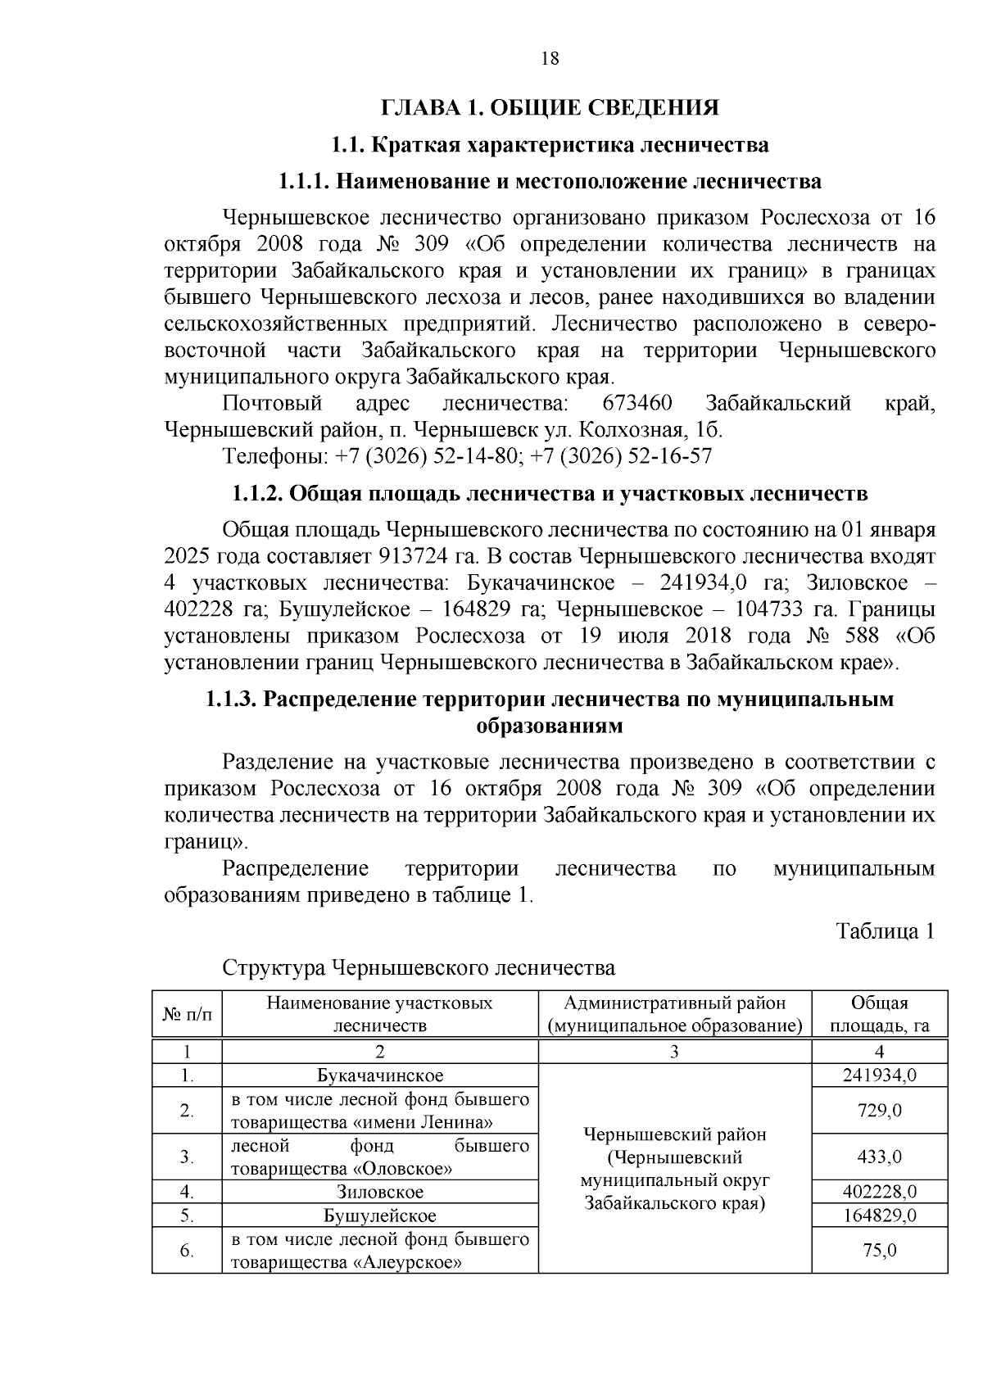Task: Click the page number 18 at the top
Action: pos(550,58)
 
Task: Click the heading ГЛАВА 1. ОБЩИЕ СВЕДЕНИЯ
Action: pos(550,108)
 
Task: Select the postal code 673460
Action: pos(636,404)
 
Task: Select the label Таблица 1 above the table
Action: pos(885,931)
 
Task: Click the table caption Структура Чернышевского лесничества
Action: pos(419,968)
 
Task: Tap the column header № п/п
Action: pos(187,1014)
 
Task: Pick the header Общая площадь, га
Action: pos(879,1014)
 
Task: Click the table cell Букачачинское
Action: pos(380,1075)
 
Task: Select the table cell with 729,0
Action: pos(879,1111)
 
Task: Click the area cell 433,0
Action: pos(879,1157)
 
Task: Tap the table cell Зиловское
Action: pos(380,1192)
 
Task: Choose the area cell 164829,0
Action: pos(879,1216)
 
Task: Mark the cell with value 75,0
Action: pos(879,1251)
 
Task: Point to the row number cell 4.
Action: pos(187,1192)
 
